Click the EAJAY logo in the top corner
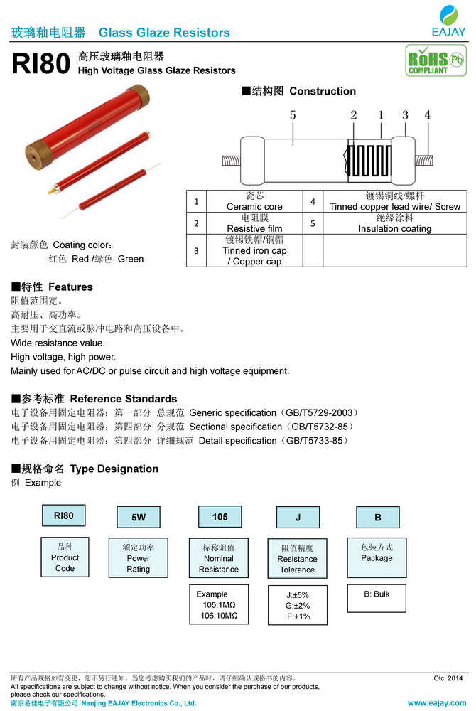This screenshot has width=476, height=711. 448,20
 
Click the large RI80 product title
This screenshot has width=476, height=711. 40,65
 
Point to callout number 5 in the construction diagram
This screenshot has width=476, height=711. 293,114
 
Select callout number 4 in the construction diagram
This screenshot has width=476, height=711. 428,114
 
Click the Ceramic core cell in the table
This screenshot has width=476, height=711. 254,201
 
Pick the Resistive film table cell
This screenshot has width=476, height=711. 254,223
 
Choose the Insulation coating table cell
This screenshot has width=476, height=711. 394,223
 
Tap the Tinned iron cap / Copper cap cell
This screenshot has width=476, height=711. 254,250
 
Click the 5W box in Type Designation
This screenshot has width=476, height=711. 138,518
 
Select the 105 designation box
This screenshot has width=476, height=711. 220,517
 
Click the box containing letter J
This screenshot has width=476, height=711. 298,518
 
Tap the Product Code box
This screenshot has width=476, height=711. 65,557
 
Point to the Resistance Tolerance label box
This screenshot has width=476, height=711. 297,559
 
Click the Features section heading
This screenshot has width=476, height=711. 52,287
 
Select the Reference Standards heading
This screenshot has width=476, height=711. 94,399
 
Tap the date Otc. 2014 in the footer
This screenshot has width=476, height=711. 448,678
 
